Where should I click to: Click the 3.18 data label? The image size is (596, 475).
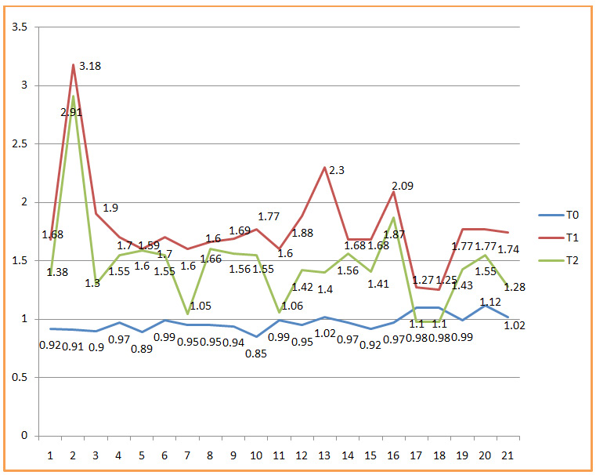point(89,67)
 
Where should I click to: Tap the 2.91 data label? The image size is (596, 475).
point(71,112)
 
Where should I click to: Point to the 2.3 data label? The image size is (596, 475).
point(337,169)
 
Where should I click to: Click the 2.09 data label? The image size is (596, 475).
point(403,186)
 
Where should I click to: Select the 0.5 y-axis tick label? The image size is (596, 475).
point(19,377)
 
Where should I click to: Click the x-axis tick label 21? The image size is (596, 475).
point(508,455)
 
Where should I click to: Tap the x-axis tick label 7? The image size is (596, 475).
point(187,455)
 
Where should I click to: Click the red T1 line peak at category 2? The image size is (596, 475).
point(74,64)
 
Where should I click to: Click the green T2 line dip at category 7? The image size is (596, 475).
point(187,314)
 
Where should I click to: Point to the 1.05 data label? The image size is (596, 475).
point(201,306)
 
